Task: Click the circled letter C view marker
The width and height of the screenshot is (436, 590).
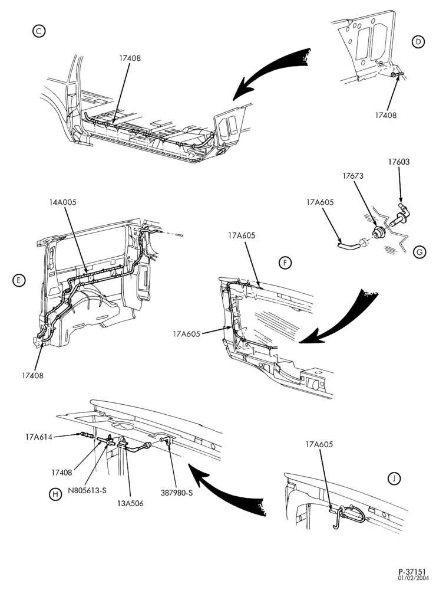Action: click(x=39, y=31)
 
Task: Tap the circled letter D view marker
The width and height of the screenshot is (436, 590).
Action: click(x=418, y=42)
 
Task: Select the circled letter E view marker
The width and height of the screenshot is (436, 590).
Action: click(x=18, y=280)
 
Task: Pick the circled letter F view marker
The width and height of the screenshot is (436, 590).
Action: click(x=285, y=263)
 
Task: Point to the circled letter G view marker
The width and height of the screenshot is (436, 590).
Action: click(x=420, y=252)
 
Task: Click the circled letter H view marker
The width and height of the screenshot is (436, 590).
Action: click(x=55, y=494)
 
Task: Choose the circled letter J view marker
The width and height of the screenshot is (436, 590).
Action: click(x=394, y=478)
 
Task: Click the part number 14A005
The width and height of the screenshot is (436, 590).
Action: click(x=63, y=202)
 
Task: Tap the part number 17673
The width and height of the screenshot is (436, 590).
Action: click(x=353, y=176)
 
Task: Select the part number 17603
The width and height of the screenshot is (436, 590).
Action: click(x=399, y=162)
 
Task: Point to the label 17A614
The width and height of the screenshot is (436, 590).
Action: click(x=39, y=437)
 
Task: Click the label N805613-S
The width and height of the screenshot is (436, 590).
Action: click(x=87, y=491)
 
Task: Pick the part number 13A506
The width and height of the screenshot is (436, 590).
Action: click(x=130, y=503)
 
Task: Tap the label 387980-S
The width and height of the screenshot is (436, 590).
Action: click(x=177, y=492)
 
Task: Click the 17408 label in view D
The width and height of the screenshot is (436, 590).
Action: click(x=386, y=115)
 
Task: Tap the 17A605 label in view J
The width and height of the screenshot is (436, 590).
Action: click(x=319, y=444)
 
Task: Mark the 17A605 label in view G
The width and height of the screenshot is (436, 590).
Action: click(x=321, y=202)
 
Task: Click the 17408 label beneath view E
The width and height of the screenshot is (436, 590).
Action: click(x=33, y=375)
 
